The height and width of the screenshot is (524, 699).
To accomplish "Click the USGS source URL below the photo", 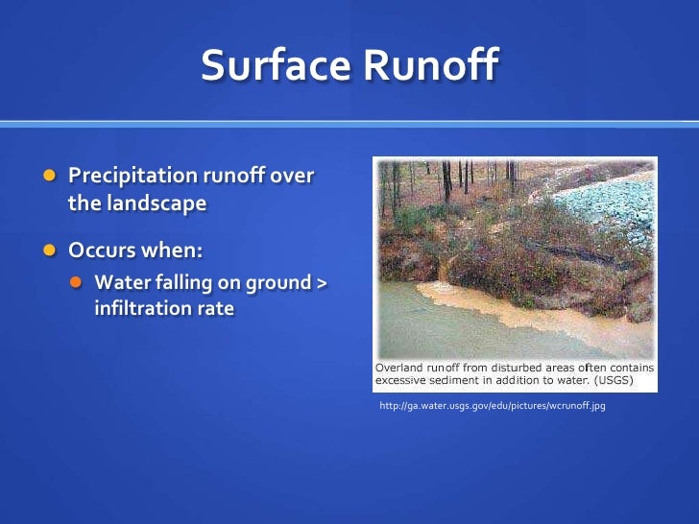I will [x=493, y=407].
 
